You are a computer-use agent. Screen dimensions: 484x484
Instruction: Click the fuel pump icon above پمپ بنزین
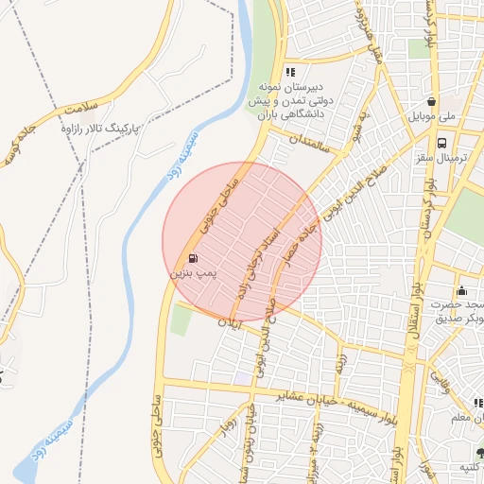tap(193, 257)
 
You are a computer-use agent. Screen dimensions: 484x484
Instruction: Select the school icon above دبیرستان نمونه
tap(290, 72)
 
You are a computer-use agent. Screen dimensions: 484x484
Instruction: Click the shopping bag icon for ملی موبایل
tap(431, 102)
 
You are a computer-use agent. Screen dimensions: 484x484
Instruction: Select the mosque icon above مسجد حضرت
tap(461, 290)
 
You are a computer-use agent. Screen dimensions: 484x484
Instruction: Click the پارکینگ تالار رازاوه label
tap(91, 126)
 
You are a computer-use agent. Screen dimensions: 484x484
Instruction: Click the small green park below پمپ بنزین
tap(181, 320)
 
